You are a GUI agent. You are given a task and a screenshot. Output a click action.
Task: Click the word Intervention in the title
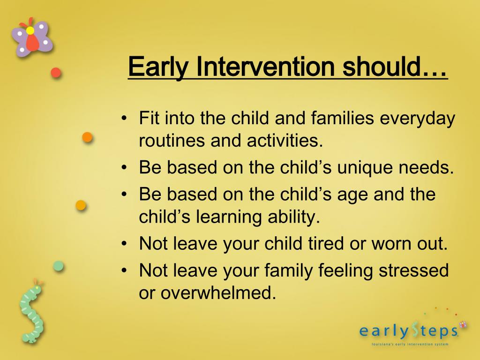[x=265, y=67]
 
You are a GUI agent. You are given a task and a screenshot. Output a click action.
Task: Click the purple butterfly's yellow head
[x=30, y=30]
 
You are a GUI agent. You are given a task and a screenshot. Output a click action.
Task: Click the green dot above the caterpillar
[x=58, y=266]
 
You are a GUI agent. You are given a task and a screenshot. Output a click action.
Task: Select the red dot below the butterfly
[x=56, y=73]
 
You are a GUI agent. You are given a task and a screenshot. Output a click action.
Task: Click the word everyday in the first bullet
[x=418, y=119]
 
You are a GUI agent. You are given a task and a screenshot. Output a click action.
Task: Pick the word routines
[x=172, y=141]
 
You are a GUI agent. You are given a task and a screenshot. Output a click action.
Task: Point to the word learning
[x=229, y=217]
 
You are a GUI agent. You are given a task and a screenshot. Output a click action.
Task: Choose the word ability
[x=294, y=217]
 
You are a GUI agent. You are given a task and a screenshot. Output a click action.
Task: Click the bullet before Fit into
[x=124, y=118]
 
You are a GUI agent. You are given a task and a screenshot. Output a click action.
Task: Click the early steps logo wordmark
[x=409, y=331]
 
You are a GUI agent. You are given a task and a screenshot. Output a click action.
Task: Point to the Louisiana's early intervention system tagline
[x=410, y=344]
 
